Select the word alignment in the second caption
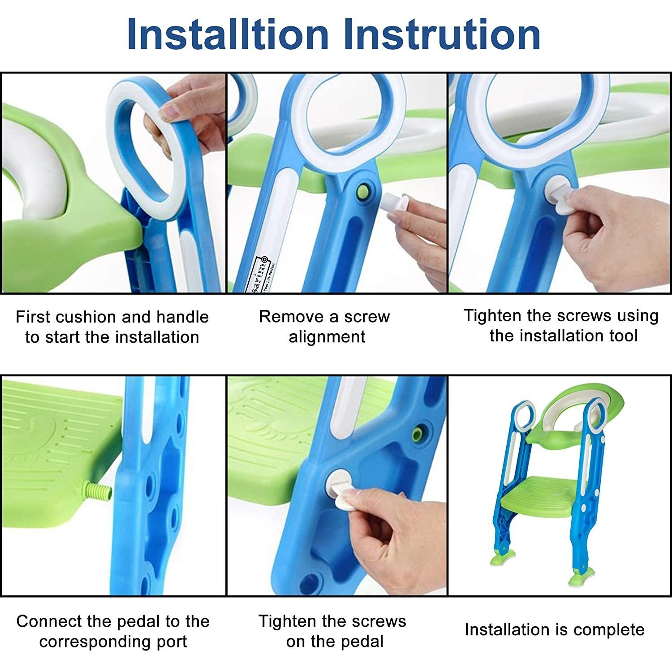click(327, 336)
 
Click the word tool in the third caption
click(621, 336)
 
